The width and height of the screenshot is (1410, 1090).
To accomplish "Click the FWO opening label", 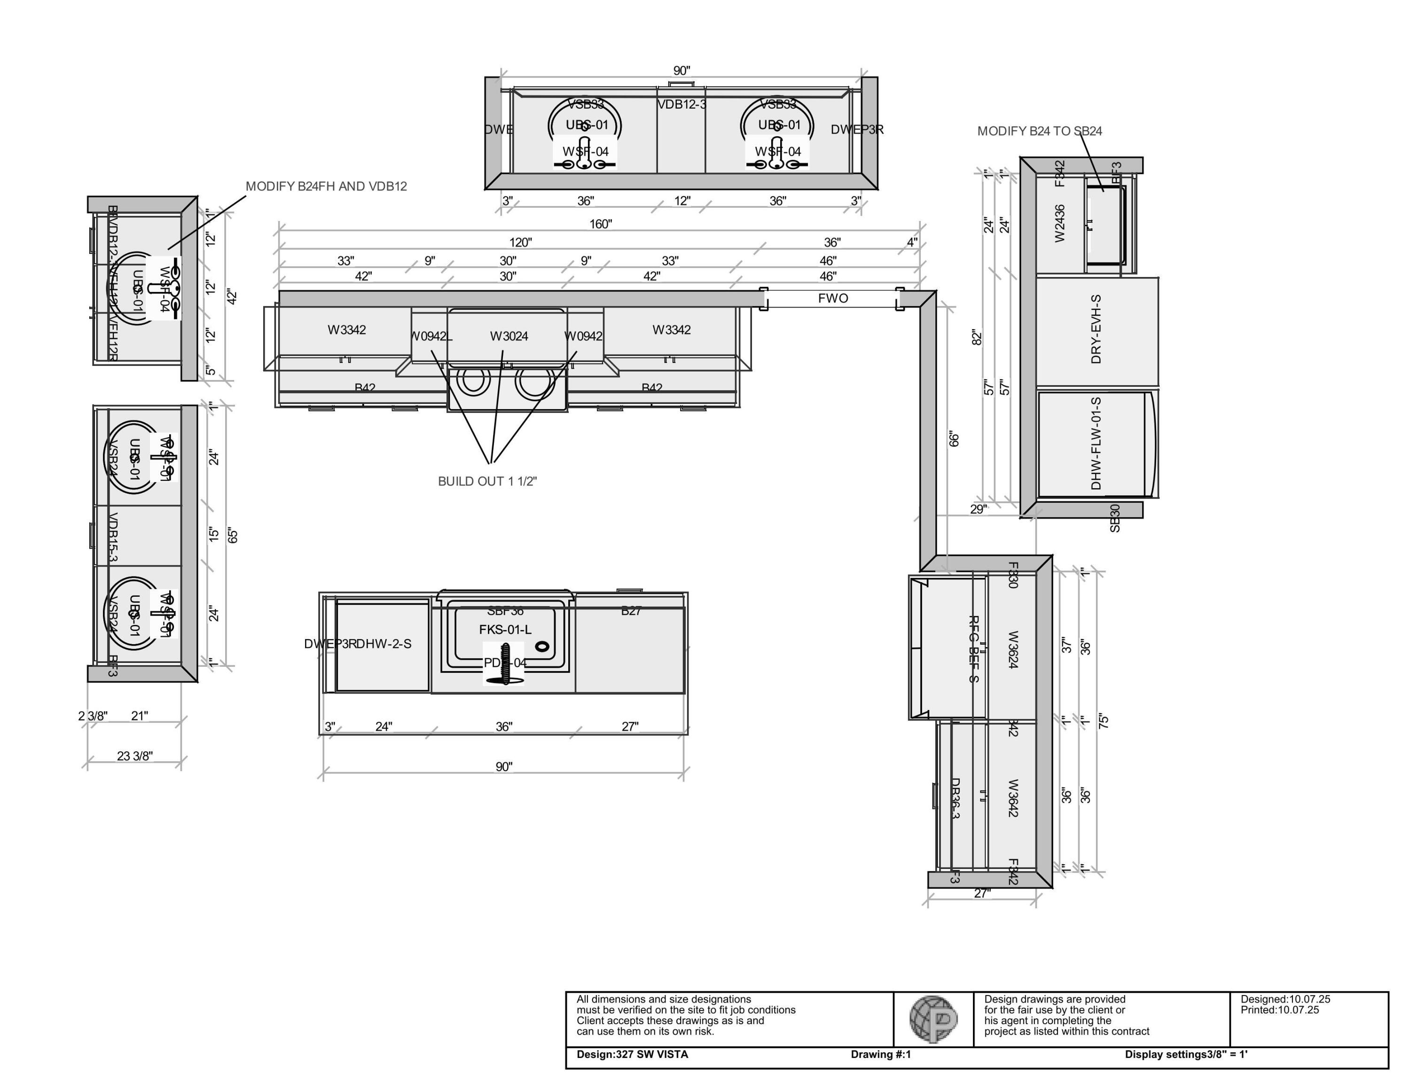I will (x=833, y=298).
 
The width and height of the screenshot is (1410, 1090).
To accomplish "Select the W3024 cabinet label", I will (x=509, y=336).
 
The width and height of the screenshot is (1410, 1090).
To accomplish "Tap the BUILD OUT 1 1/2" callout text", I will (x=487, y=481).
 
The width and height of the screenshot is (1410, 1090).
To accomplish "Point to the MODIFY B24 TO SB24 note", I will (x=1040, y=131).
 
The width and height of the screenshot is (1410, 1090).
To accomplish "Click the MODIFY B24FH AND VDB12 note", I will (x=326, y=186).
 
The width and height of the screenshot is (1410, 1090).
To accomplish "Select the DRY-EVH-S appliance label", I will (x=1096, y=329).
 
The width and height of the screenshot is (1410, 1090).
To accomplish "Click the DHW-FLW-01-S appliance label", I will (x=1096, y=443).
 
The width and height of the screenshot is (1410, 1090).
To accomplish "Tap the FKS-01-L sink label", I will (x=505, y=629).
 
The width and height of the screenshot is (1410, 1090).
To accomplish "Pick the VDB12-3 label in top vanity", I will (x=682, y=104).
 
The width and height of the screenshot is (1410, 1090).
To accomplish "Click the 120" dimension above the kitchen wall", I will (x=520, y=242).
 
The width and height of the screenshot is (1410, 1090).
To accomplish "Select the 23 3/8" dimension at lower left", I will (x=135, y=756).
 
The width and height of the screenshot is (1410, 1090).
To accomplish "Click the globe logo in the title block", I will (x=933, y=1019).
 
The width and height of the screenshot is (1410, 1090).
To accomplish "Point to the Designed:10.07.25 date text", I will (x=1285, y=999).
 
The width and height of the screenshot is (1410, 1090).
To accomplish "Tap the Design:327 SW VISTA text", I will (x=632, y=1054).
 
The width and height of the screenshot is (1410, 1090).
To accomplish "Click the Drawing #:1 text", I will (x=881, y=1054).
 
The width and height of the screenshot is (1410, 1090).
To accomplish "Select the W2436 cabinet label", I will (x=1059, y=223).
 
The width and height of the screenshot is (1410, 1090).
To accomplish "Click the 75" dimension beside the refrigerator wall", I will (x=1104, y=721).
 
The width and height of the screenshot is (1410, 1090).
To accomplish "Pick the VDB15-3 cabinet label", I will (x=112, y=537).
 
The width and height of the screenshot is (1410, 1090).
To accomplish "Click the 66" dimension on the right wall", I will (x=954, y=439).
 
